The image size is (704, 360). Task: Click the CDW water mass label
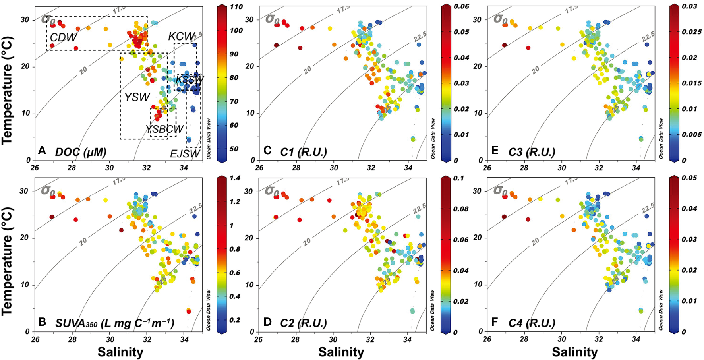63,37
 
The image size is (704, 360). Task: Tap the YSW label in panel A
137,97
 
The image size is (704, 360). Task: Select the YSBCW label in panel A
164,129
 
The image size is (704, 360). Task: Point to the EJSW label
185,153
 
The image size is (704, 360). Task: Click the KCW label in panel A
182,37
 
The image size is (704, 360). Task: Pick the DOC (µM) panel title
81,152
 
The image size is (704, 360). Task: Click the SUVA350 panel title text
114,323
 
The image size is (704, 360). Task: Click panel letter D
267,322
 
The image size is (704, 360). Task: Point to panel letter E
495,150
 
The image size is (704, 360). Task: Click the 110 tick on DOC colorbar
236,7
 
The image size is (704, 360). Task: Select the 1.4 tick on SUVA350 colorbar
235,178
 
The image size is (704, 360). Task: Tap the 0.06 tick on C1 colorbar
461,6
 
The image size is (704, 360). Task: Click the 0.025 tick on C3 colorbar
689,32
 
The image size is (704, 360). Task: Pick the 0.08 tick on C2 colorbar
461,209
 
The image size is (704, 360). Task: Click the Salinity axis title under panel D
341,352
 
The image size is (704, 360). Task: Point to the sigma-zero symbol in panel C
272,19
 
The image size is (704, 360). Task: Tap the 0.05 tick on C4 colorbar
689,178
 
